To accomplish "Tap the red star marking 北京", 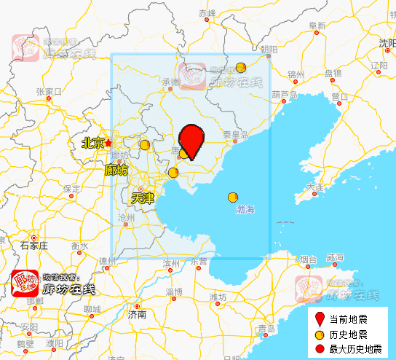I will tap(108, 143).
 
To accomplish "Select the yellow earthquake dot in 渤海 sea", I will tap(233, 197).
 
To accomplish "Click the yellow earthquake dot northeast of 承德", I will tap(241, 68).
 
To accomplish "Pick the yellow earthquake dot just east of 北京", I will tap(145, 145).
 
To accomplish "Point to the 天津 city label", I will tap(142, 197).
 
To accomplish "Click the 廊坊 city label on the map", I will tap(116, 170).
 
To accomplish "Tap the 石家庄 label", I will tap(33, 246).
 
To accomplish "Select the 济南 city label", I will tap(137, 315).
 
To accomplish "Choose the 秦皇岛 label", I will tap(236, 135).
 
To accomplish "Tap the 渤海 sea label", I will tap(245, 209).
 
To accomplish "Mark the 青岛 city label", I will tap(266, 330).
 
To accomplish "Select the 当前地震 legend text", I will tap(348, 319).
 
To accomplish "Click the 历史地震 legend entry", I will tap(348, 334).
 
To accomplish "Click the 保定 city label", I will tap(71, 188).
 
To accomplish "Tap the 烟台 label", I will tap(309, 259).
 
